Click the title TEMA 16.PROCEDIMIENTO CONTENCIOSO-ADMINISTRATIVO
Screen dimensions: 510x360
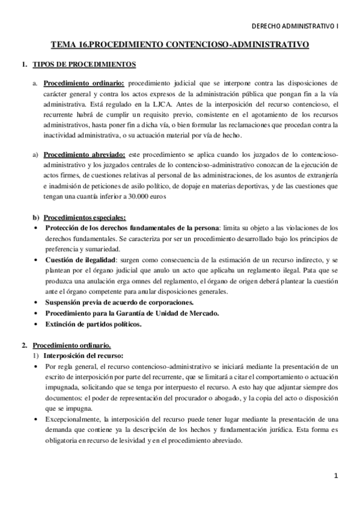tap(180, 45)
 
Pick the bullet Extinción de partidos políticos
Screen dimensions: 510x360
tap(93, 324)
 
